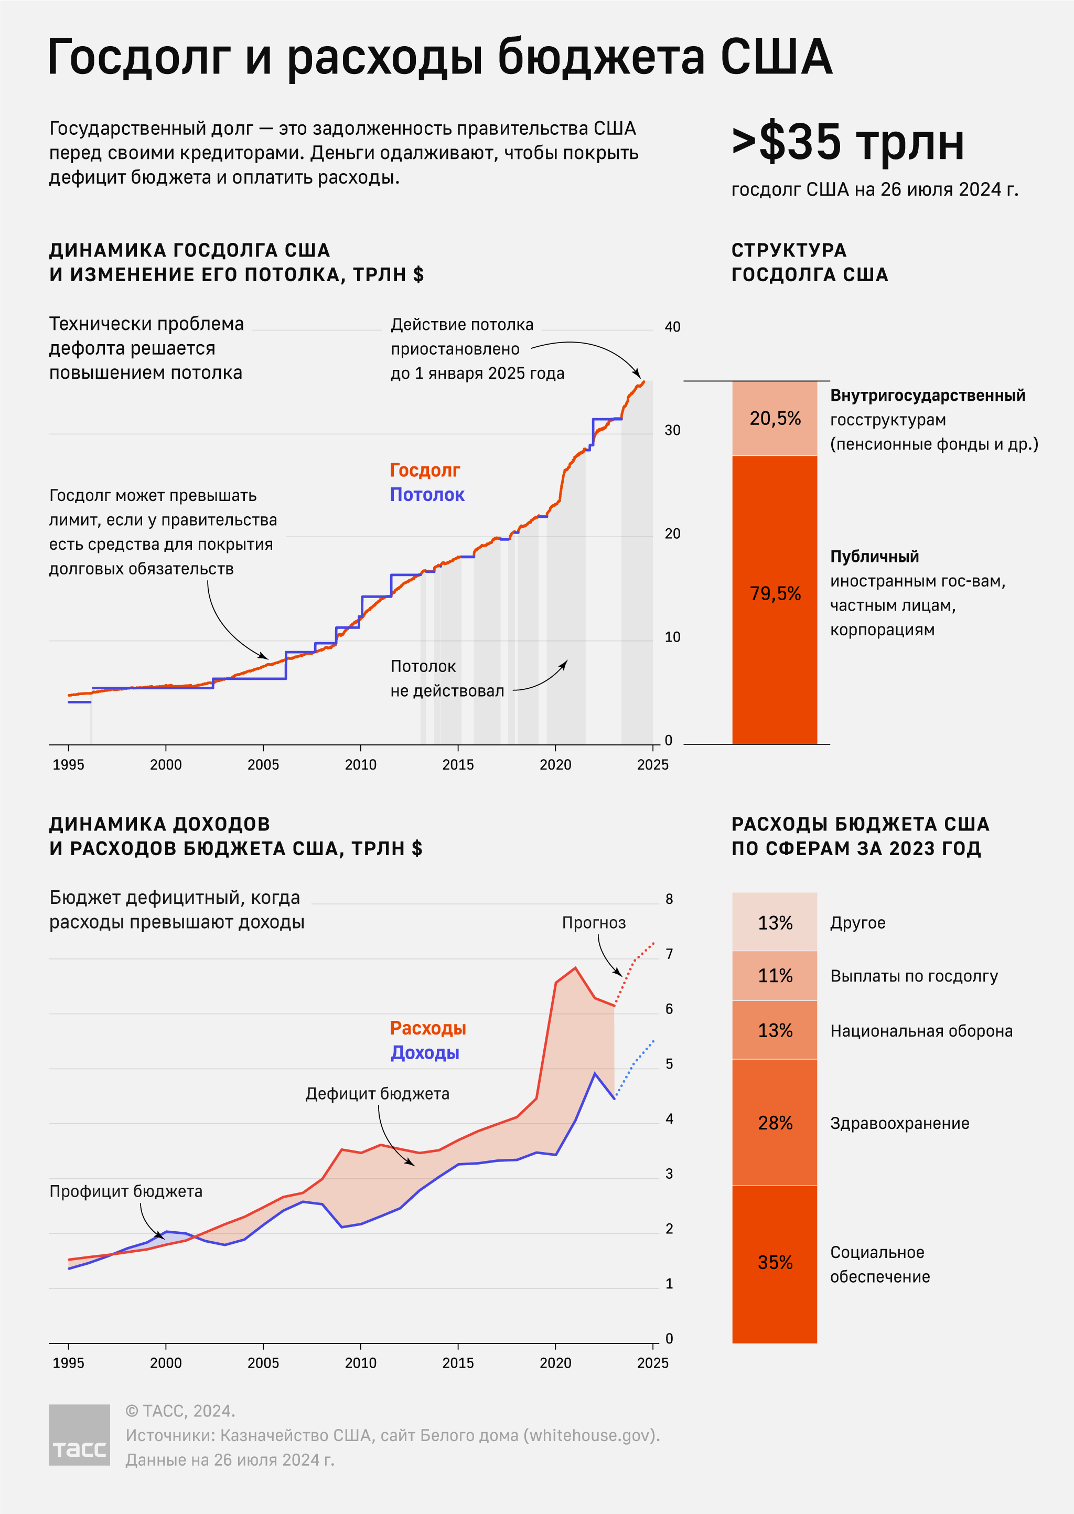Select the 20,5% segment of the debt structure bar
(x=775, y=419)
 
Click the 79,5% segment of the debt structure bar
(x=775, y=594)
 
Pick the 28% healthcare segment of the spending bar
(x=775, y=1123)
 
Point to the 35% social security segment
(x=775, y=1262)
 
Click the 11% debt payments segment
(x=775, y=976)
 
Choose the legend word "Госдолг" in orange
(x=425, y=470)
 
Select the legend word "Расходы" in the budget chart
(x=427, y=1028)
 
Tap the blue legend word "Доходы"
(x=425, y=1052)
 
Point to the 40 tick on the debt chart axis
(x=672, y=327)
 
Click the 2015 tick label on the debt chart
(x=458, y=764)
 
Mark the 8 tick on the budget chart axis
(x=669, y=899)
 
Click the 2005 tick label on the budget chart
(x=263, y=1362)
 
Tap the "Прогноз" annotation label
(x=593, y=923)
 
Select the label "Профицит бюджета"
(x=126, y=1191)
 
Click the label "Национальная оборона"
(x=920, y=1030)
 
